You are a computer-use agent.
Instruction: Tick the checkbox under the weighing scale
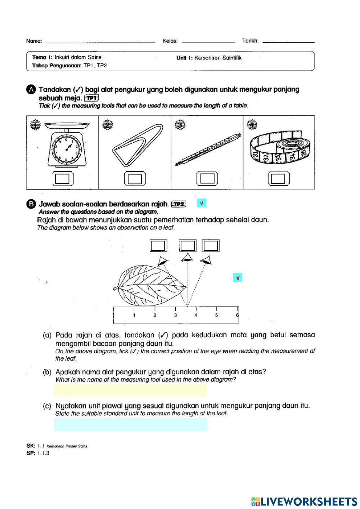63,178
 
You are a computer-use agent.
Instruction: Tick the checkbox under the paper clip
135,178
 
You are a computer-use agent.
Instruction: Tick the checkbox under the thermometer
207,178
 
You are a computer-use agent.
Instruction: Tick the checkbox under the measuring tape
278,178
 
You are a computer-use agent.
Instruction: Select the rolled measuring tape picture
280,148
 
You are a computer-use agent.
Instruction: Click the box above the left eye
158,246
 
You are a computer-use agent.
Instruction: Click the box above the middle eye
188,246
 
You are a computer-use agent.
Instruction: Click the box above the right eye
211,246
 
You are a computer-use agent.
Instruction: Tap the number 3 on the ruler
175,315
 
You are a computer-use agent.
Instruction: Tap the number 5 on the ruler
216,315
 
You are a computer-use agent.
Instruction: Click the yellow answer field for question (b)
130,390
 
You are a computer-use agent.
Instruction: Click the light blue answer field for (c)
131,424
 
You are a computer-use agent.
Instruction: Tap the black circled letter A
31,89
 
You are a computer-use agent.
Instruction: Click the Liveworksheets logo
304,501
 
